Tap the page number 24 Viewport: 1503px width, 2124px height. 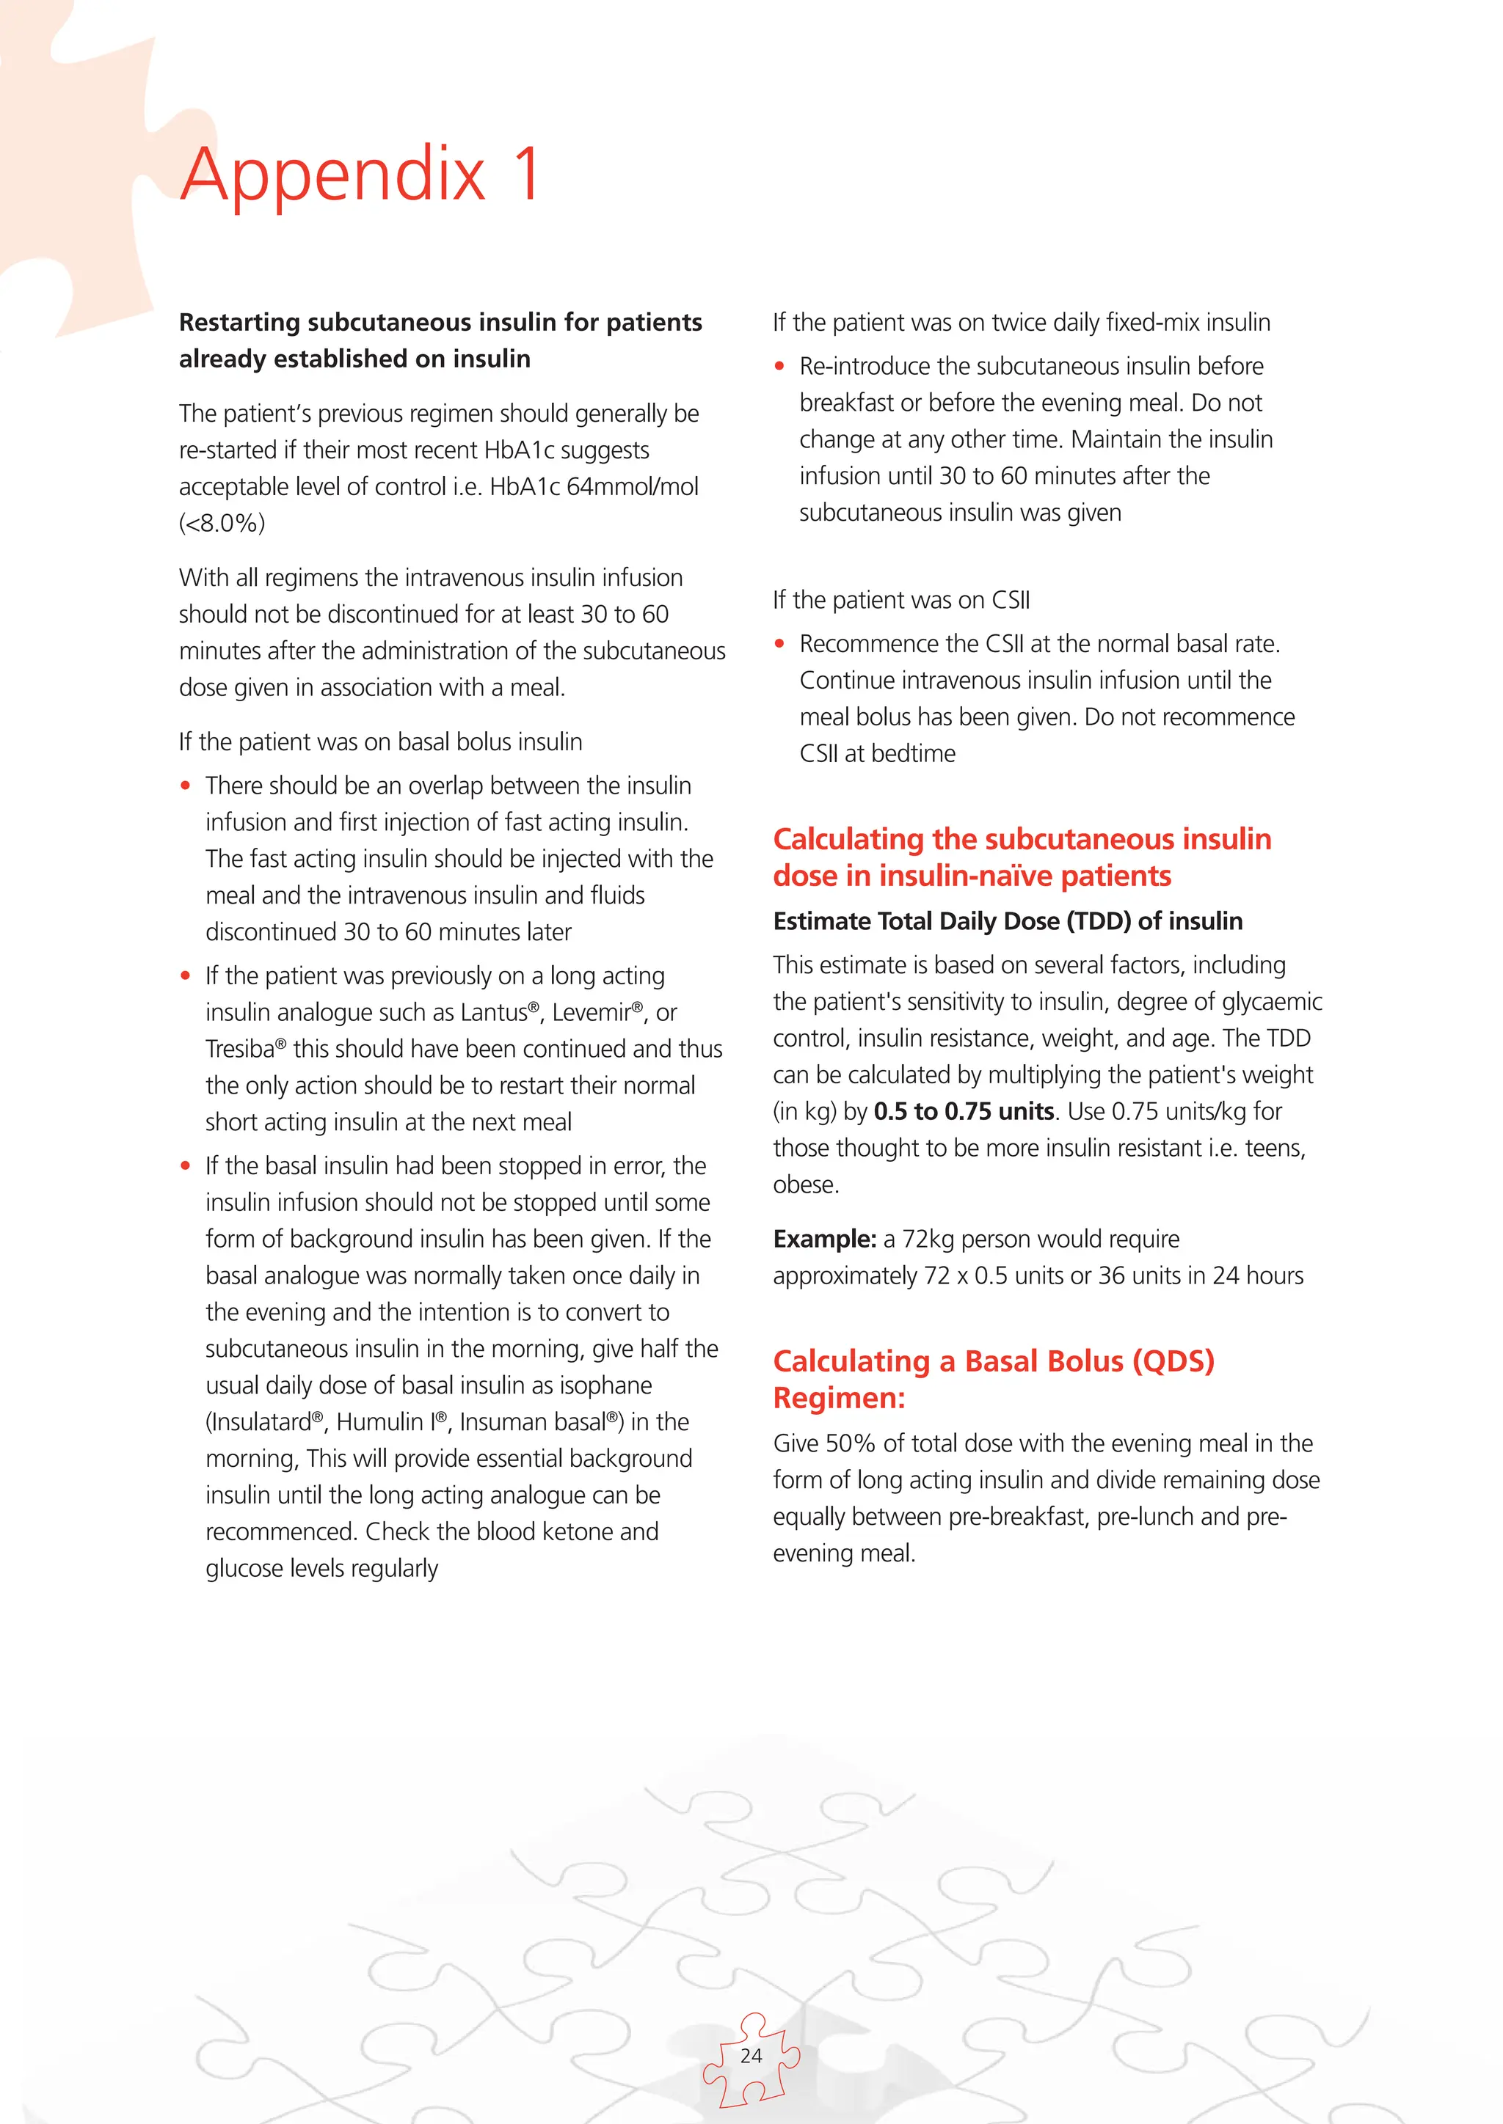pos(751,2056)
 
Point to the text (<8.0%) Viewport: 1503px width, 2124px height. pos(222,524)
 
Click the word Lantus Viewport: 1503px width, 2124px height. pos(493,1013)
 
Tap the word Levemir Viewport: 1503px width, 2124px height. pos(591,1013)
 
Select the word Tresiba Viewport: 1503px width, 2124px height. pos(240,1049)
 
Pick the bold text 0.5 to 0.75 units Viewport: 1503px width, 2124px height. pos(964,1111)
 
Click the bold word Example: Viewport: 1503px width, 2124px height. pos(825,1239)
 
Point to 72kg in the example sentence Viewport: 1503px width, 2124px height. pos(928,1239)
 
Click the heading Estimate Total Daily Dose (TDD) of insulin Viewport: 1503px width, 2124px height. pos(1007,921)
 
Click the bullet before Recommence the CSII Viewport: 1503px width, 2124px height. pos(779,644)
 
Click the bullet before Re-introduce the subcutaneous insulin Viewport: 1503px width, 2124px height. pos(779,366)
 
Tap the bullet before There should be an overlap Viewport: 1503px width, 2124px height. pos(185,786)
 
